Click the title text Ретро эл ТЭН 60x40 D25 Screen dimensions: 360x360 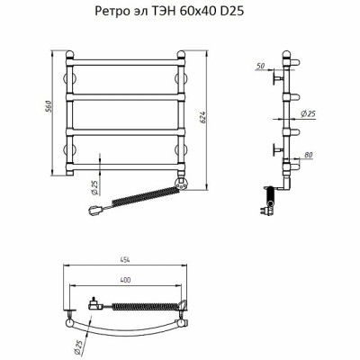169,11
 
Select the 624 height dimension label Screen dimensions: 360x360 202,117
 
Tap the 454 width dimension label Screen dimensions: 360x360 125,260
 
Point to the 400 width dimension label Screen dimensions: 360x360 125,280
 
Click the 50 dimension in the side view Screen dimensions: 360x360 261,66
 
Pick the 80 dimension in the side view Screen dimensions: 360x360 308,155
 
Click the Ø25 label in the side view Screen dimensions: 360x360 308,113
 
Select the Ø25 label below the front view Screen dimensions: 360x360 94,188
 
